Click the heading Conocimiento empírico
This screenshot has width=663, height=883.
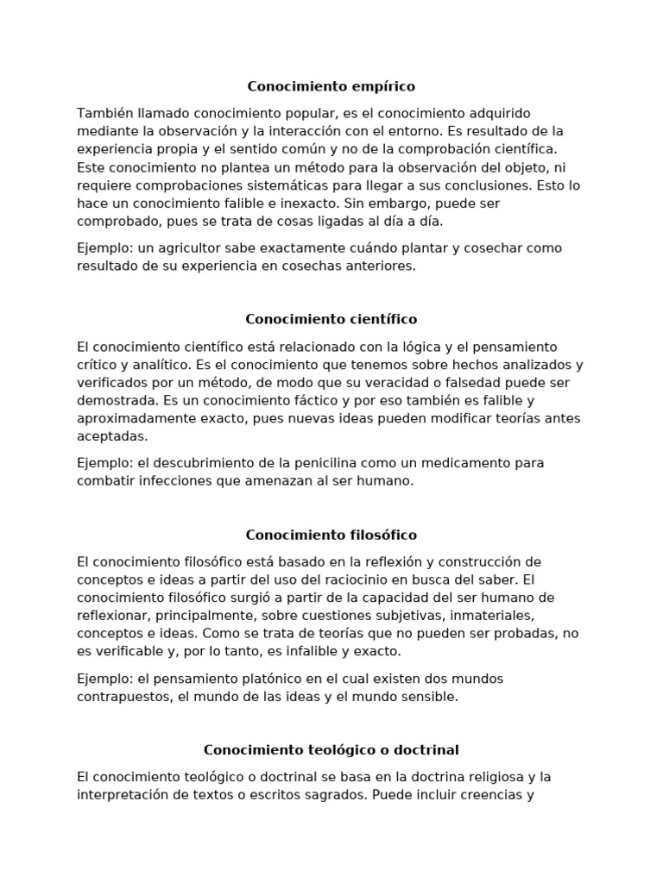pos(331,86)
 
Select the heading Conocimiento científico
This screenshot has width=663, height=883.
pos(331,319)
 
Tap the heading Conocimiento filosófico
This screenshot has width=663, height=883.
pos(331,535)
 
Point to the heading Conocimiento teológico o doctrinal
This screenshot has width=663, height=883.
pos(331,750)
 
